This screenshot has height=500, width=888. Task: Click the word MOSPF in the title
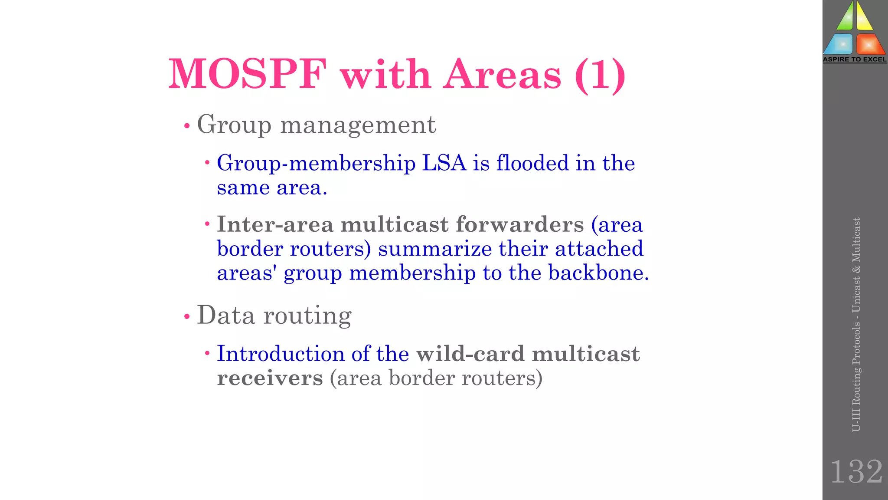tap(247, 75)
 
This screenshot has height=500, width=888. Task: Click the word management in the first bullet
tap(358, 125)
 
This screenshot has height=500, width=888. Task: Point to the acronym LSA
tap(444, 163)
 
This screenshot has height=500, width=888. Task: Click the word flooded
tap(532, 163)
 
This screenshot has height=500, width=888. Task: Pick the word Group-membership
tap(316, 164)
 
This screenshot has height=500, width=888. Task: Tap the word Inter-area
tap(275, 224)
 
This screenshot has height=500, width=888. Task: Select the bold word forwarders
tap(519, 224)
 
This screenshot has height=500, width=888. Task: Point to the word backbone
tap(598, 273)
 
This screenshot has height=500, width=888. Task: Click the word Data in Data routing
tap(225, 315)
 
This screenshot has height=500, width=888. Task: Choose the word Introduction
tap(281, 354)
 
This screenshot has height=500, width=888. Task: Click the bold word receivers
tap(270, 378)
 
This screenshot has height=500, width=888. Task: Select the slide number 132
tap(856, 472)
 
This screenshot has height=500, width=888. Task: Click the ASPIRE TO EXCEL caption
tap(855, 59)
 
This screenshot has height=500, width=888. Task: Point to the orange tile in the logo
tap(869, 44)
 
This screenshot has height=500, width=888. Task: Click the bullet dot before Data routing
tap(187, 317)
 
